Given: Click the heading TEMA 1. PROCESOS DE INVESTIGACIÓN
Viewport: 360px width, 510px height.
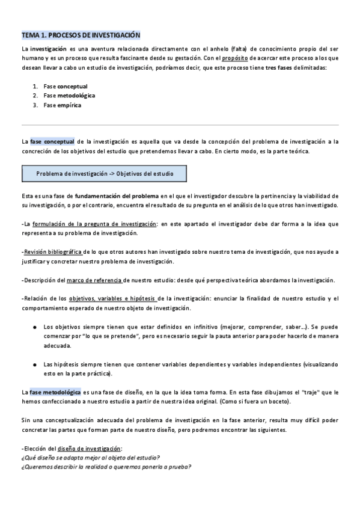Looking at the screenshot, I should point(81,35).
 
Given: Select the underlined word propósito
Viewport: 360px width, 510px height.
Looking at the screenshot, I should point(235,58).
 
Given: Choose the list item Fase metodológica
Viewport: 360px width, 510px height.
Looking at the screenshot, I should point(69,95).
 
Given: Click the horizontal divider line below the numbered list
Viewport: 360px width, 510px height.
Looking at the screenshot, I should point(180,125).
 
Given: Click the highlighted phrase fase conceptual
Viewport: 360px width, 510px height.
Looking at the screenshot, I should point(52,142).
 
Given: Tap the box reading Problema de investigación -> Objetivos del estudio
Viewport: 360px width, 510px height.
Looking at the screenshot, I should point(104,174).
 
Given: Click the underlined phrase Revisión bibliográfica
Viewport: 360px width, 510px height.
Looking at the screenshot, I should point(53,252).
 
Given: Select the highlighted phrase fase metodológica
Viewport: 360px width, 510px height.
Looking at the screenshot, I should point(55,392).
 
